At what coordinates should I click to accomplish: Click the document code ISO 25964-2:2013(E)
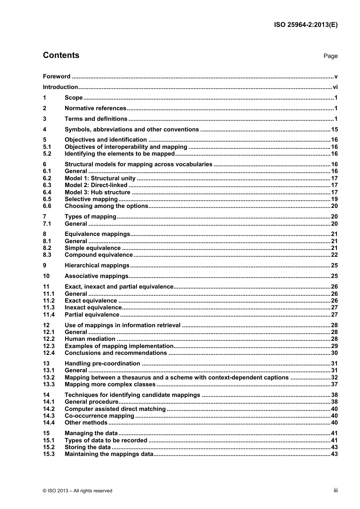point(305,25)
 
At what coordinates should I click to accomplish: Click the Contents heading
point(61,55)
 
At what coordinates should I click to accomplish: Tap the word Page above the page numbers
point(330,56)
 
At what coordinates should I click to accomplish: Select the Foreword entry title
point(56,77)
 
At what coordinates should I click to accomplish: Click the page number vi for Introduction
point(335,87)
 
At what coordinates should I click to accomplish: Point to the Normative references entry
point(95,108)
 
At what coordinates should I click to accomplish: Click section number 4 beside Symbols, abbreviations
point(45,130)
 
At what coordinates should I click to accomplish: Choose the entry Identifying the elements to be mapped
point(119,154)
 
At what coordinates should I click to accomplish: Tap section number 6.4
point(47,192)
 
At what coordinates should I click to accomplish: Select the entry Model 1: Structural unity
point(100,178)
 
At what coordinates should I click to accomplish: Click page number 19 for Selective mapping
point(334,199)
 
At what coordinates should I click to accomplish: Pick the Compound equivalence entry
point(99,255)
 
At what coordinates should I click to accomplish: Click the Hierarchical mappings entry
point(97,265)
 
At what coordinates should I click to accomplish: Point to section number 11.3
point(49,308)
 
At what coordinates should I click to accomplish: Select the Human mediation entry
point(90,339)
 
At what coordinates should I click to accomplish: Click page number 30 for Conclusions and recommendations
point(334,353)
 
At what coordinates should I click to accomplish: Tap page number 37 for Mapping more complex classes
point(334,384)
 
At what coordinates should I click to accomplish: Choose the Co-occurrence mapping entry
point(99,416)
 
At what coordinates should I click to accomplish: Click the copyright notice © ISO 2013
point(78,491)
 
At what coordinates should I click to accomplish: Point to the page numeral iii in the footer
point(335,490)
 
